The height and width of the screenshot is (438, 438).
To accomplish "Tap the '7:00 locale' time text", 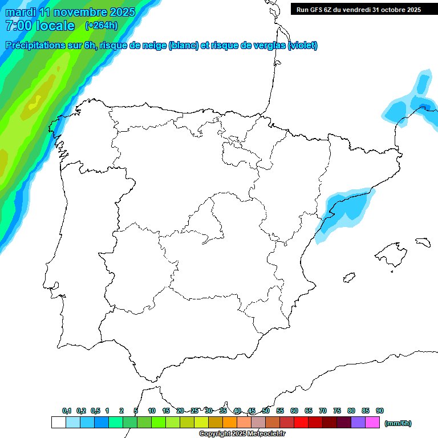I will pyautogui.click(x=39, y=26).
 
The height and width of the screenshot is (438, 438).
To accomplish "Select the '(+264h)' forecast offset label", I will pyautogui.click(x=101, y=26).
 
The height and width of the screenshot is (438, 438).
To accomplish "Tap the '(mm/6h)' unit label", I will pyautogui.click(x=398, y=423).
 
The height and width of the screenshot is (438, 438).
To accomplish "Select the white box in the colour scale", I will pyautogui.click(x=58, y=423).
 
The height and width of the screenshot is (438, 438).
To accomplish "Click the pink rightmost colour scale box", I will pyautogui.click(x=372, y=423).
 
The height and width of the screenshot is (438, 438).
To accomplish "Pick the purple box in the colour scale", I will pyautogui.click(x=358, y=423).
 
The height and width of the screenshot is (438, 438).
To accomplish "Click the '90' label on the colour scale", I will pyautogui.click(x=380, y=411).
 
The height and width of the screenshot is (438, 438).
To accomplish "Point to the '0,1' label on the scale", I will pyautogui.click(x=67, y=411).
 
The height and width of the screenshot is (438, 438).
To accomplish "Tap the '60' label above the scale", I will pyautogui.click(x=294, y=411).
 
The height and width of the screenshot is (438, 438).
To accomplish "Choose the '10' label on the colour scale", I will pyautogui.click(x=152, y=411).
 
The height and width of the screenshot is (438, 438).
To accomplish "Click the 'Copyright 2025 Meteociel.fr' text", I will pyautogui.click(x=242, y=434).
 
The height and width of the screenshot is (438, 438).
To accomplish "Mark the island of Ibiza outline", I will pyautogui.click(x=348, y=278).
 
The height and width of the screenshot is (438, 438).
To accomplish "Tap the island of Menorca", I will pyautogui.click(x=423, y=242).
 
